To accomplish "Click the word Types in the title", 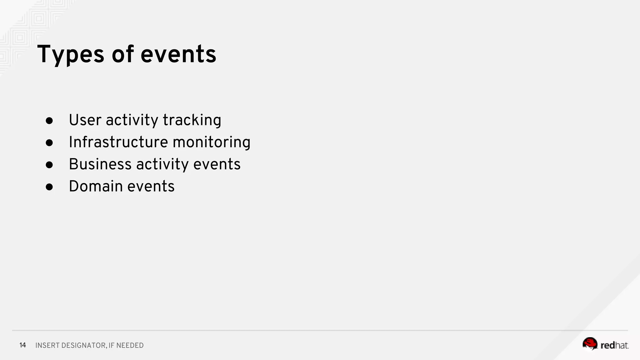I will point(71,55).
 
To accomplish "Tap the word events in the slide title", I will point(178,55).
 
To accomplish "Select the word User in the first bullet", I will point(85,120).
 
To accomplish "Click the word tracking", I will point(192,120).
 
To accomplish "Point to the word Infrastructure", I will point(118,142).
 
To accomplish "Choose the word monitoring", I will point(212,142).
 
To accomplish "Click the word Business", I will point(100,164).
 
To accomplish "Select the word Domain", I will point(96,187).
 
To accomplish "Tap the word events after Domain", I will point(151,187).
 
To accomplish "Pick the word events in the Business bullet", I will point(217,164).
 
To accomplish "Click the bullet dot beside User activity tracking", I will point(49,121).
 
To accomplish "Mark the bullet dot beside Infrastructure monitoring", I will point(49,143).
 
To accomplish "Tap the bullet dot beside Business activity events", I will point(49,165).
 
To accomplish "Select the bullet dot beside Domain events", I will point(49,187).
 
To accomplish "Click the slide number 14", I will point(22,345).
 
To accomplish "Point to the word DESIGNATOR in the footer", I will point(83,346).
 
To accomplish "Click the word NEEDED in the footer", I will point(130,346).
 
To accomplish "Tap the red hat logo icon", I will point(590,344).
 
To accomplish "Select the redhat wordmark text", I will point(614,345).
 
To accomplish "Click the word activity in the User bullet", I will point(132,120).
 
